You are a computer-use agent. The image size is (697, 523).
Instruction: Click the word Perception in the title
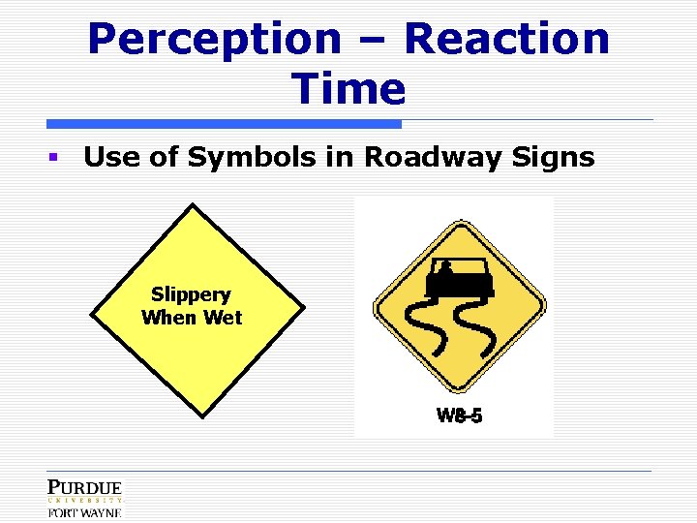click(x=214, y=41)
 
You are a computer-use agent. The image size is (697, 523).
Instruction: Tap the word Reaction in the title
click(x=507, y=41)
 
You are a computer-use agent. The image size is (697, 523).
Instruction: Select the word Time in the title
click(x=348, y=89)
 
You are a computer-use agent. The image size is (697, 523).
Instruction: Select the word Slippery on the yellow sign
click(x=191, y=294)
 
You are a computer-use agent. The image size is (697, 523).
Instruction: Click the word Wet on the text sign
click(x=222, y=318)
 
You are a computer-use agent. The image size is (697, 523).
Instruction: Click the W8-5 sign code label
click(x=460, y=416)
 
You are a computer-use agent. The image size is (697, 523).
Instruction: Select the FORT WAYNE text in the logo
click(x=85, y=512)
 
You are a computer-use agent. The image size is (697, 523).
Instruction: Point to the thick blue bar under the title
click(x=224, y=124)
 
